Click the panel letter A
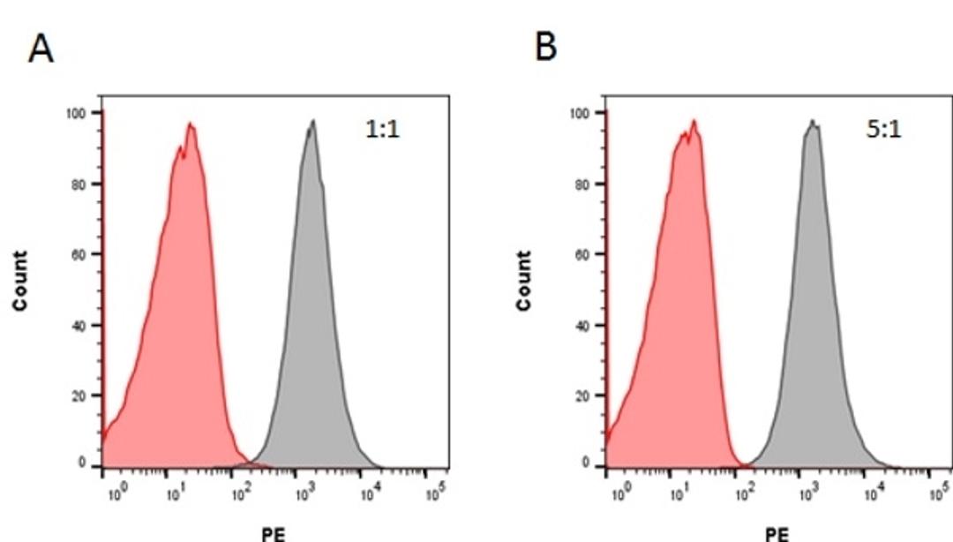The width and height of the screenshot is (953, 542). pos(41,49)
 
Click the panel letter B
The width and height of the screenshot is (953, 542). pos(546,47)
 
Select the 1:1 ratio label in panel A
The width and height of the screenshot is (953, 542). pos(383,130)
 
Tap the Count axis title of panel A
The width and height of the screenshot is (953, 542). pos(19,281)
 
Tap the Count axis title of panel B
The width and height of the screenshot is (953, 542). pos(525,281)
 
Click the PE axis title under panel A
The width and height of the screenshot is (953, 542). pos(274,533)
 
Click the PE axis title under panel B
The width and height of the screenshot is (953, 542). pos(777,533)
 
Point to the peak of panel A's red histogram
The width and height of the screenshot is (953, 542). pos(190,124)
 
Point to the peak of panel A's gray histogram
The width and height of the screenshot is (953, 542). pos(312,122)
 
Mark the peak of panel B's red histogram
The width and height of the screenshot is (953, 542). pos(694,122)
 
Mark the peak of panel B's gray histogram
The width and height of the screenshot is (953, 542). pos(813,122)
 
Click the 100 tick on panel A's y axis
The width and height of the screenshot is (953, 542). pos(78,113)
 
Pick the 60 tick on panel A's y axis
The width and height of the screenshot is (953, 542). pos(79,254)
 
